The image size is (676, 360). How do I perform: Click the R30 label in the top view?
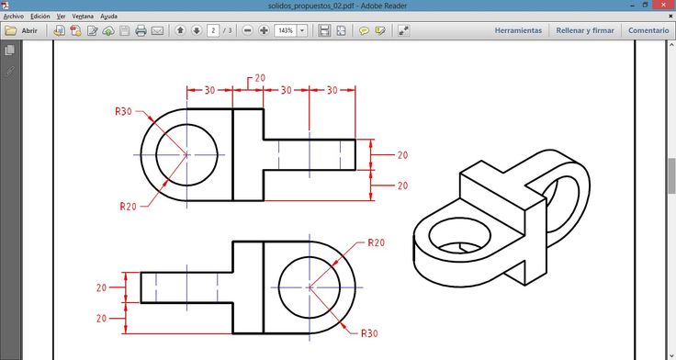tap(123, 111)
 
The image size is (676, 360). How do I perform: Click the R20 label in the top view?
tap(128, 207)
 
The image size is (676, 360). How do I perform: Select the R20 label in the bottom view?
tap(376, 242)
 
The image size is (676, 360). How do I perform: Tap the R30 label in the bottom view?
tap(369, 333)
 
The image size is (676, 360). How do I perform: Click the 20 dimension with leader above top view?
tap(260, 78)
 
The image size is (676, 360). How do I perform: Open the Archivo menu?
tap(14, 17)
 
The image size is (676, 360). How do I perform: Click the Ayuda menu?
tap(108, 17)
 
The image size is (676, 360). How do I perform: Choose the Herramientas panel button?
tap(518, 30)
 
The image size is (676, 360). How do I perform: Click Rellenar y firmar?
tap(585, 30)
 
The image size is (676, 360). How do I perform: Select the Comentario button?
tap(648, 30)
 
